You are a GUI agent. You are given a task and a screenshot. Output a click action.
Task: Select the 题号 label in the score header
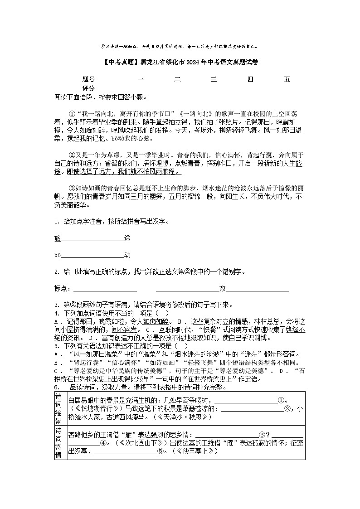[x=88, y=80]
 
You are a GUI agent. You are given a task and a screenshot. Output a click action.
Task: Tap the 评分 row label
[x=88, y=88]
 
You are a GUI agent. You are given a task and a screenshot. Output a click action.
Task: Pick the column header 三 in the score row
[x=214, y=80]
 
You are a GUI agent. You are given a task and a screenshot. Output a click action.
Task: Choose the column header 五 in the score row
[x=287, y=80]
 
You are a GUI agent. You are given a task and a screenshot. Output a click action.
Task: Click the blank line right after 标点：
[x=105, y=289]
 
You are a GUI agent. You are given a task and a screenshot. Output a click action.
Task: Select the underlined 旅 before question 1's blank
[x=57, y=238]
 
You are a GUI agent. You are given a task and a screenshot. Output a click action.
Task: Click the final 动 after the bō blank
[x=127, y=255]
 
